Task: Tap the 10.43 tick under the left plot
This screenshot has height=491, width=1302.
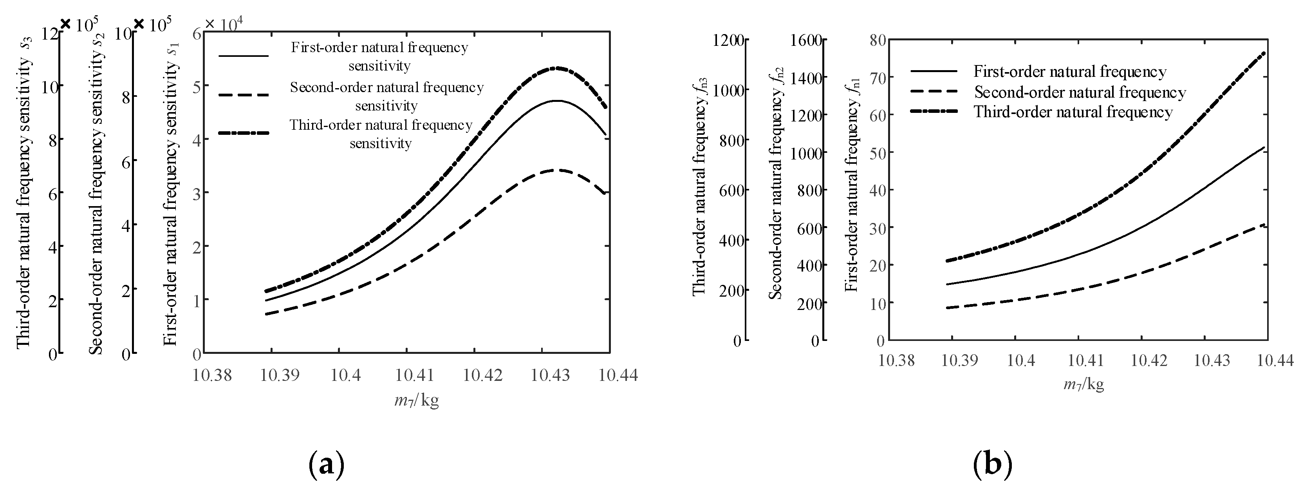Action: [x=551, y=375]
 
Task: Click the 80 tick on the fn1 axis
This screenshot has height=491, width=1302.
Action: [x=878, y=40]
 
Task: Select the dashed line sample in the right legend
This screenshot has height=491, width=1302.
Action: [x=934, y=92]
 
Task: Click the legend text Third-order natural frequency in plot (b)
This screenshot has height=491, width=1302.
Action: [x=1073, y=112]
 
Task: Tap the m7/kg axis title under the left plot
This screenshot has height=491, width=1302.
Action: [x=416, y=401]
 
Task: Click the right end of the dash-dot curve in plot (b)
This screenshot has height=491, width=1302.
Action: [x=1264, y=53]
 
